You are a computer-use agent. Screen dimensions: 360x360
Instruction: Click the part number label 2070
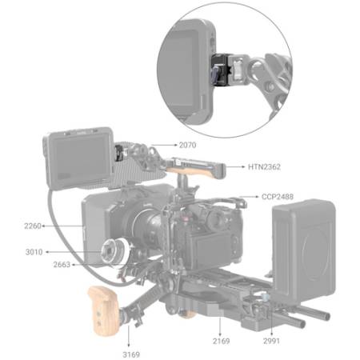[x=187, y=145]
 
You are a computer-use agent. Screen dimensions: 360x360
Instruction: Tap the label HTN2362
[x=264, y=167]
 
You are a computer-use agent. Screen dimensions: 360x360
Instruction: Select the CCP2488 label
[x=278, y=197]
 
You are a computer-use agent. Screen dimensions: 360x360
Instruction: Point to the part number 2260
[x=33, y=226]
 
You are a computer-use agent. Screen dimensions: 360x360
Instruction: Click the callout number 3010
[x=34, y=252]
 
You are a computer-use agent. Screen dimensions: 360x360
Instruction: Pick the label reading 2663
[x=62, y=265]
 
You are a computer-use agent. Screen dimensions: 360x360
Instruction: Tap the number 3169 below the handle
[x=131, y=354]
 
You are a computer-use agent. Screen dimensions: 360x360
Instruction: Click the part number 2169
[x=221, y=341]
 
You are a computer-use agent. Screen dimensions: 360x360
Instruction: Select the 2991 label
[x=271, y=341]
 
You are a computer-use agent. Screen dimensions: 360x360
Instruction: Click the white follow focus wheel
[x=115, y=251]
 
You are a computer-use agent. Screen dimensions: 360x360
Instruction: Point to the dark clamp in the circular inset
[x=220, y=70]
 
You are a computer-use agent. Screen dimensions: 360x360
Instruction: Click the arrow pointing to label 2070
[x=164, y=145]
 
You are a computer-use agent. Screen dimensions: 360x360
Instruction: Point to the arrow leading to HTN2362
[x=235, y=167]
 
